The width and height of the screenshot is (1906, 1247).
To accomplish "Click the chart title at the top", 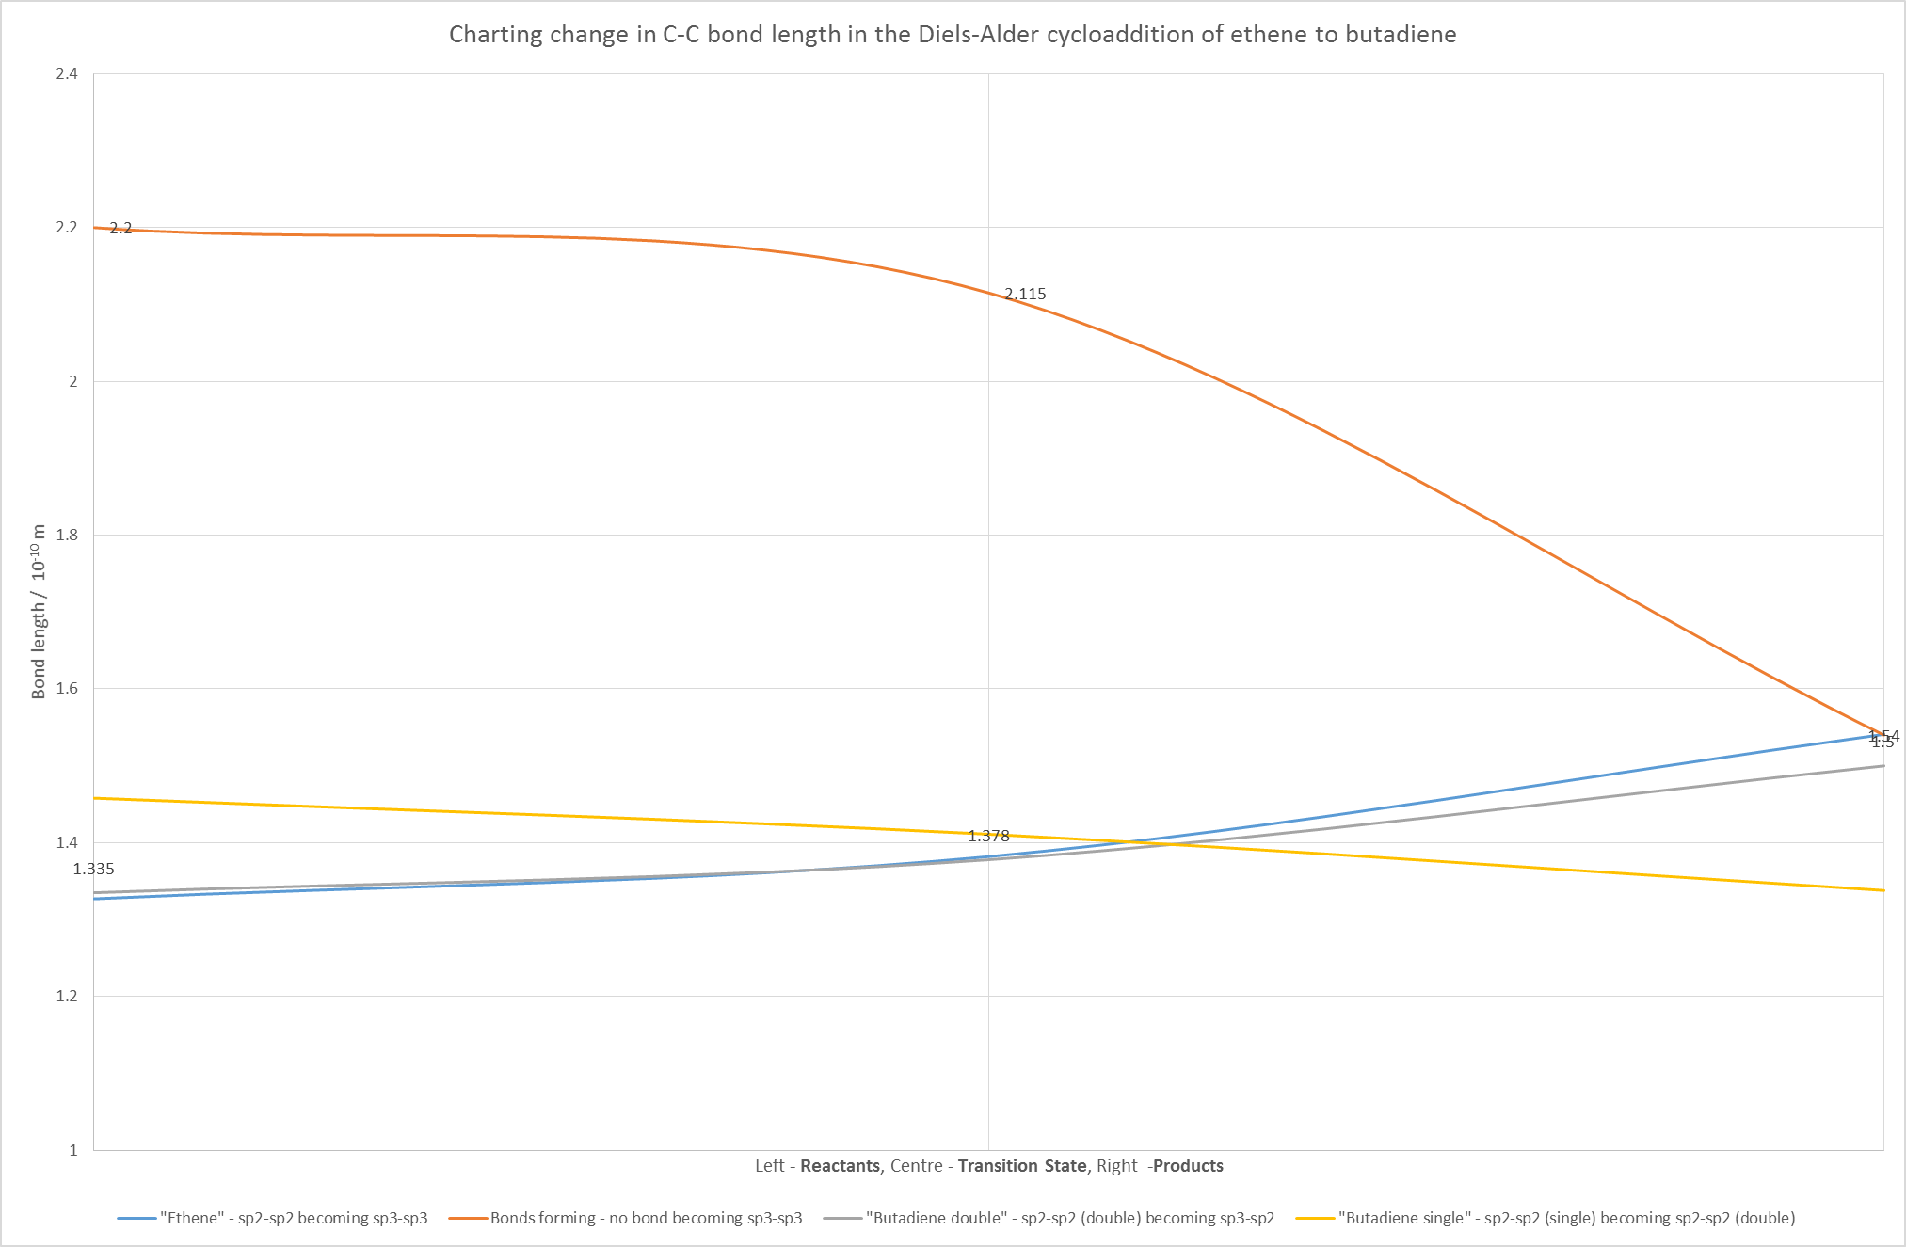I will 953,35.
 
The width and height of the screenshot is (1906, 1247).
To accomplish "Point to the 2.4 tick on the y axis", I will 67,74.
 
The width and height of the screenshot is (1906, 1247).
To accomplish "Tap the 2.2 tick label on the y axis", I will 67,228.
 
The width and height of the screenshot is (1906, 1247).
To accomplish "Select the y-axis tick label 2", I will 72,381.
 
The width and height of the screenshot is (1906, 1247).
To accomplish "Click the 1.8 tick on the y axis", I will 67,535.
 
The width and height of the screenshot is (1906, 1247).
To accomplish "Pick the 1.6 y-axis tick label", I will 67,689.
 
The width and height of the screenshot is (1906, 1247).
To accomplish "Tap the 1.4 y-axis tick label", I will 67,842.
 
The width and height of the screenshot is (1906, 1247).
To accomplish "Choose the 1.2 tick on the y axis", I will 67,996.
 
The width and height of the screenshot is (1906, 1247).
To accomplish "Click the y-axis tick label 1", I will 72,1150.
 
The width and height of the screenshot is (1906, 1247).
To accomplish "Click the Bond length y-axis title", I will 39,612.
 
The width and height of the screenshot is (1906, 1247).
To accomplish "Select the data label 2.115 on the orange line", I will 1025,295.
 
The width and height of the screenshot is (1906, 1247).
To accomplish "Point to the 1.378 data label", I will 988,836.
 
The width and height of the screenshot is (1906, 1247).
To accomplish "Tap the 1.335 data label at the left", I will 93,870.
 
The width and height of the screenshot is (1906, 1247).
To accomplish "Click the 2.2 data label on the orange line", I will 120,229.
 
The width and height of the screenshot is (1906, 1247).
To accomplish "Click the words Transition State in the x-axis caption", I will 1022,1166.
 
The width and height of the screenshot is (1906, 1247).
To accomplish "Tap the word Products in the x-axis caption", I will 1188,1166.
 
